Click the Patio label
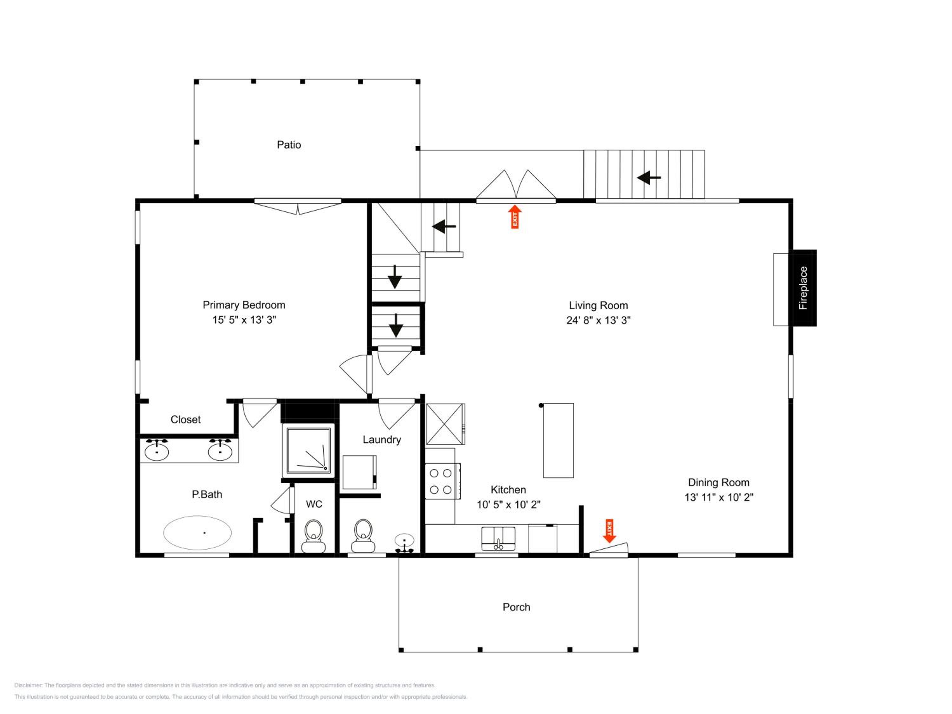click(289, 145)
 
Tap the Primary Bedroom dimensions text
click(244, 320)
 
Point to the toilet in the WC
click(314, 536)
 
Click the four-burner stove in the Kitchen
click(442, 481)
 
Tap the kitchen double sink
click(498, 539)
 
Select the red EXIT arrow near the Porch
click(609, 531)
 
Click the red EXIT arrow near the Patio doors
click(515, 216)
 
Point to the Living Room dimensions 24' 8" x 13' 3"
click(598, 320)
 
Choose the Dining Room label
click(719, 482)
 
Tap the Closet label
click(186, 420)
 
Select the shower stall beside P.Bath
click(308, 451)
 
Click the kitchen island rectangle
click(558, 440)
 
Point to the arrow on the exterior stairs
click(649, 177)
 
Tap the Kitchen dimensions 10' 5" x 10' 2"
click(508, 505)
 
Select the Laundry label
click(382, 440)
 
